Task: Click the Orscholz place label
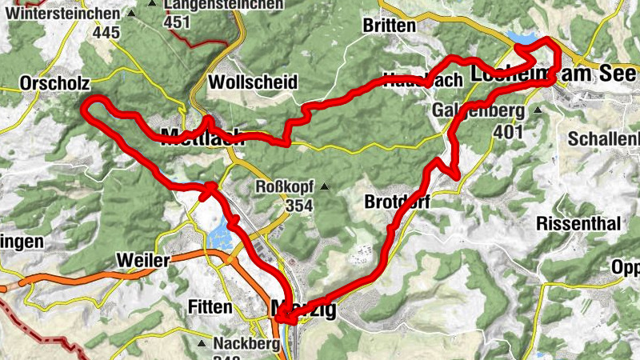(x=50, y=82)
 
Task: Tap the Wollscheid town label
(x=252, y=82)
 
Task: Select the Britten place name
(x=390, y=26)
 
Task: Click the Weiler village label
(x=142, y=261)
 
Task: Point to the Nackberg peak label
(x=247, y=345)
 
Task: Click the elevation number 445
(x=106, y=33)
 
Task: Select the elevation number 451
(x=176, y=22)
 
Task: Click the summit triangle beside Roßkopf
(x=325, y=187)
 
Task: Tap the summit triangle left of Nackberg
(x=201, y=344)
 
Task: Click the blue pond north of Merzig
(x=219, y=236)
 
